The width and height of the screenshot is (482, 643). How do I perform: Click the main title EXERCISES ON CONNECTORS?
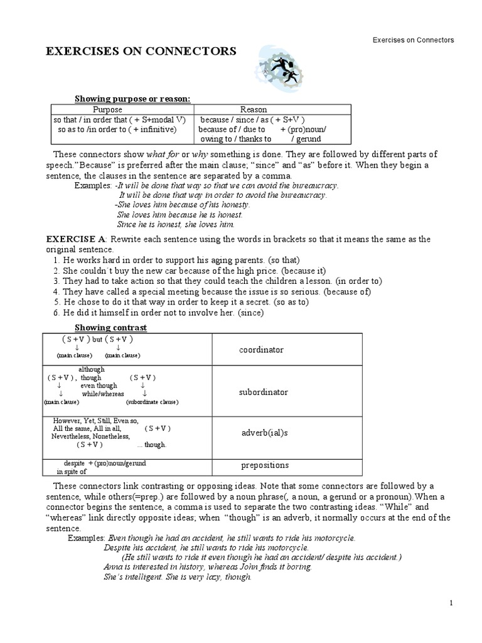click(141, 51)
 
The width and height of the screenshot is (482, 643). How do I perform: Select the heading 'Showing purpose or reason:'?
click(132, 99)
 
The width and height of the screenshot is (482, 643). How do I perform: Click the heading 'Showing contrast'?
click(111, 327)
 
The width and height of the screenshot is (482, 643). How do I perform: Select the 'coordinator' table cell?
click(261, 350)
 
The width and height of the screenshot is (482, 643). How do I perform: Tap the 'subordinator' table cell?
click(264, 392)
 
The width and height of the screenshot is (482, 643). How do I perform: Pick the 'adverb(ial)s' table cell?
click(264, 434)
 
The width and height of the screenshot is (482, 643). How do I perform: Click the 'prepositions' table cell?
click(265, 465)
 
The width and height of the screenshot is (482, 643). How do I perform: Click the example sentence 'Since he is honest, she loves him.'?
click(176, 224)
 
